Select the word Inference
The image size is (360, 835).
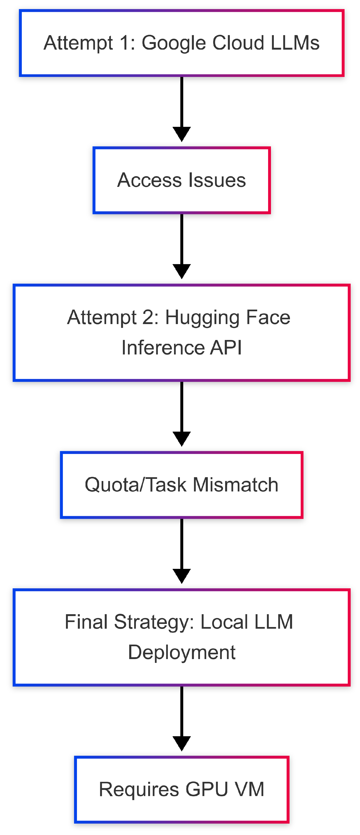pyautogui.click(x=163, y=348)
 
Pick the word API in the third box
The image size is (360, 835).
pyautogui.click(x=226, y=348)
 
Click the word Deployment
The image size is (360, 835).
pyautogui.click(x=182, y=652)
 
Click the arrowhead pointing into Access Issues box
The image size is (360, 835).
pyautogui.click(x=182, y=134)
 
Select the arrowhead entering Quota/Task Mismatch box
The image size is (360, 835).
pyautogui.click(x=182, y=439)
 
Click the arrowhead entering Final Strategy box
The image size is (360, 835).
pyautogui.click(x=182, y=576)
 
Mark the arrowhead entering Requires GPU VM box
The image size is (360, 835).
pyautogui.click(x=182, y=743)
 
